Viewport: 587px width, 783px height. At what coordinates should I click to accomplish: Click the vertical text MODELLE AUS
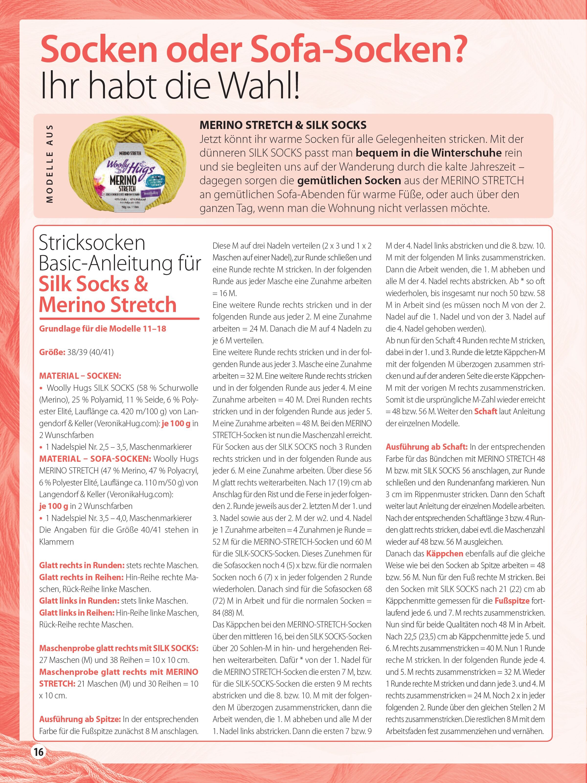click(50, 163)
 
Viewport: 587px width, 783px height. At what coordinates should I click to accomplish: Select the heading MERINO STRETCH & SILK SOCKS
click(283, 125)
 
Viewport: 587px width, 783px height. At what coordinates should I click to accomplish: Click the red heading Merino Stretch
click(108, 305)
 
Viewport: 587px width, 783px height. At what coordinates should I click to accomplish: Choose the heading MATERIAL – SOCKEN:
click(80, 376)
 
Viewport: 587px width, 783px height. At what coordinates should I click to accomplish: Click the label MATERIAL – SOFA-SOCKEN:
click(95, 459)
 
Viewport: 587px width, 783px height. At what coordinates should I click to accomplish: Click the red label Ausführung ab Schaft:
click(427, 447)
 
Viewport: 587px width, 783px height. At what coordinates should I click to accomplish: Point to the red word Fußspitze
click(512, 601)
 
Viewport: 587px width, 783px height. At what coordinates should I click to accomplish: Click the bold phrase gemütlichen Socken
click(349, 181)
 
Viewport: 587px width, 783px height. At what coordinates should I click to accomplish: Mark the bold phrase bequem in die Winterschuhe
click(429, 153)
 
